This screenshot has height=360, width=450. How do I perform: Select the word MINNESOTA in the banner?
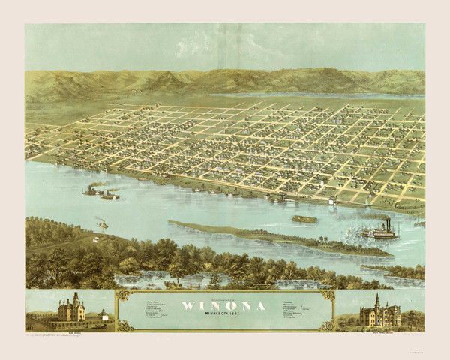[x=216, y=313]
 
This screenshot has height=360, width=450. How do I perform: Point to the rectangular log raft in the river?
[x=303, y=219]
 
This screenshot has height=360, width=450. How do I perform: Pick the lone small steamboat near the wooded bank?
[x=102, y=223]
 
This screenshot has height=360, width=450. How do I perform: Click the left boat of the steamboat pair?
[x=92, y=191]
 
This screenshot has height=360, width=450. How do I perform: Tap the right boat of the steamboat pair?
[x=109, y=195]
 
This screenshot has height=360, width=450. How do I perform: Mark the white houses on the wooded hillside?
[x=97, y=239]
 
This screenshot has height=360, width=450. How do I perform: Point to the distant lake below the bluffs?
[x=315, y=95]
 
